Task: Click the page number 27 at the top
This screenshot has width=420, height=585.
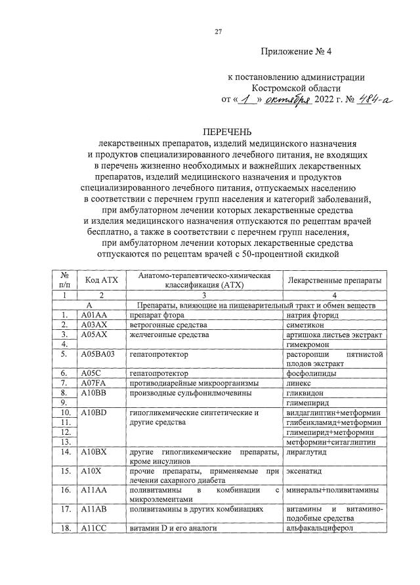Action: (219, 30)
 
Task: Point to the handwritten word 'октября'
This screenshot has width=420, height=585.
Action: (289, 100)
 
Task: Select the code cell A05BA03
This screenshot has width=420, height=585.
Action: (98, 354)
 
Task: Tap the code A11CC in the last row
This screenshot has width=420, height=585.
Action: (94, 528)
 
